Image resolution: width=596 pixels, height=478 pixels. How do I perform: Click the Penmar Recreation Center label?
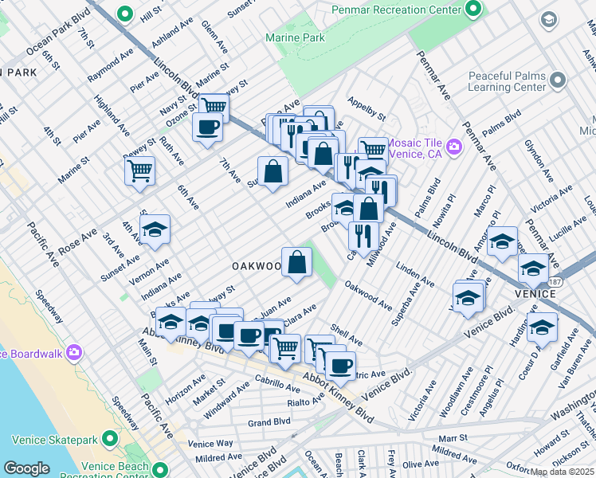(395, 10)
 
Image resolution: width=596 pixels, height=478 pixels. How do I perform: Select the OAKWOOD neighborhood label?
(257, 264)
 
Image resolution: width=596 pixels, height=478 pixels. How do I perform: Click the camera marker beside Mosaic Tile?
(454, 146)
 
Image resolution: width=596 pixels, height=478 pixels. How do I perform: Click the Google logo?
(27, 468)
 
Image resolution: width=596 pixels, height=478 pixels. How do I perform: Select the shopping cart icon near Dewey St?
(139, 169)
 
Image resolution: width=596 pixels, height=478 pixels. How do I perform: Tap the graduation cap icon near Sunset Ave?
(155, 229)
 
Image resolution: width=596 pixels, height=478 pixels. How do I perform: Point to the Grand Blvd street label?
(269, 422)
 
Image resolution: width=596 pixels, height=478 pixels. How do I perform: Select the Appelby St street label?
(367, 103)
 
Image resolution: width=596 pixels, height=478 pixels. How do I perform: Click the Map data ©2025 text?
(562, 472)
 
